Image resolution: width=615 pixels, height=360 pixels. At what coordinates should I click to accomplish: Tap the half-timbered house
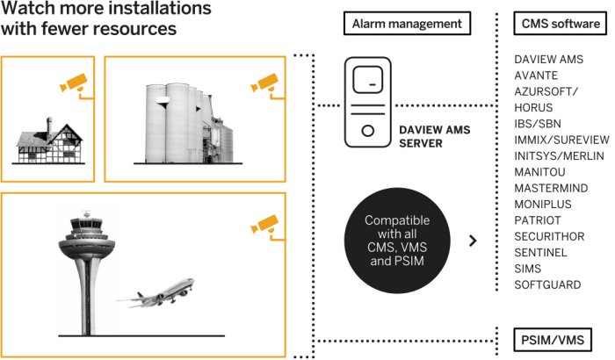pos(49,139)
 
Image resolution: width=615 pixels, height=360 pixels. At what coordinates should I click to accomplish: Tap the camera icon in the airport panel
pos(263,222)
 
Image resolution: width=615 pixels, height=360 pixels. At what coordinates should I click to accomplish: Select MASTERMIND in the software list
pos(548,188)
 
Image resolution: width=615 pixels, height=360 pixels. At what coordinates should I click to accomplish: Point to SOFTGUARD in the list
pos(546,285)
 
